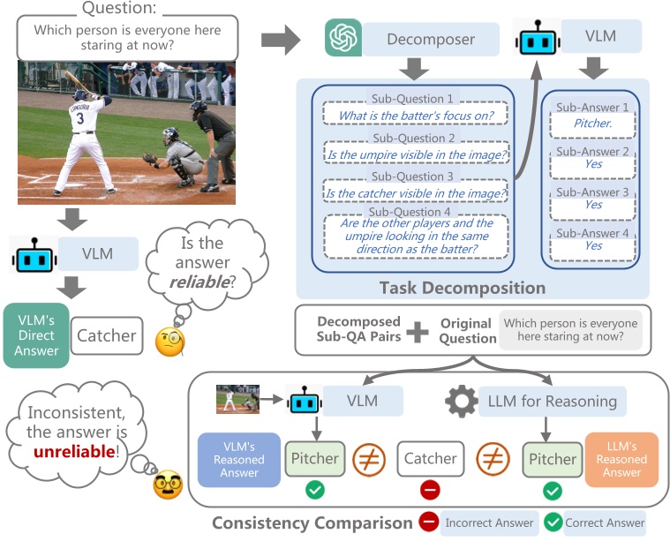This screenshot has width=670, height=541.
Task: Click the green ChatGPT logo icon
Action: point(340,39)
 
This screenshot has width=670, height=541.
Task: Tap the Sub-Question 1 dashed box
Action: point(414,115)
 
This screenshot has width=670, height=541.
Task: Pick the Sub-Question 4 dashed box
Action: point(414,237)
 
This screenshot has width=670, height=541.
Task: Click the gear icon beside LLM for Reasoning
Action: point(462,402)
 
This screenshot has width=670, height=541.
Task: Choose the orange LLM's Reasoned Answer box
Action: point(621,460)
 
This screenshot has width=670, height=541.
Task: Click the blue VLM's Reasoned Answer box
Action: point(238,460)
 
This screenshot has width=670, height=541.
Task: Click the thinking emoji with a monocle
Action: point(169,342)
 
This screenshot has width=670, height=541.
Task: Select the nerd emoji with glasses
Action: point(168,485)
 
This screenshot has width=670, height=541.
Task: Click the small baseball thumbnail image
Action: point(238,399)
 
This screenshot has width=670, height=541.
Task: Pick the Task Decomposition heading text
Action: point(462,288)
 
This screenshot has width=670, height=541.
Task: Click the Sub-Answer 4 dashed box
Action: point(592,245)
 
